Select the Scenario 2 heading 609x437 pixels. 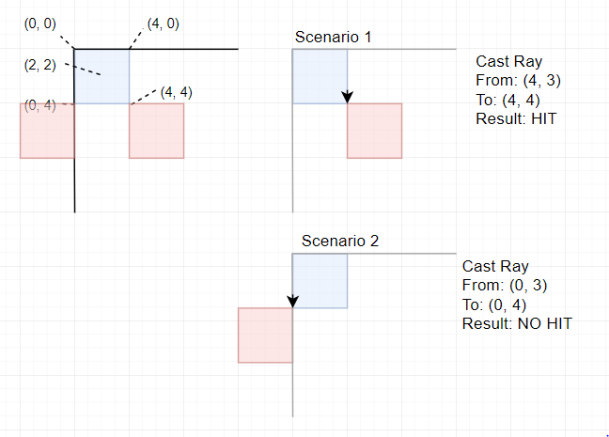(340, 242)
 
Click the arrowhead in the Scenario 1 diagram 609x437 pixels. (348, 97)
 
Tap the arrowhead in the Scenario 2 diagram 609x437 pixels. (293, 301)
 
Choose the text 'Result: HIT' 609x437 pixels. (516, 119)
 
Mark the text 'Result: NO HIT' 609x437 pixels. (516, 323)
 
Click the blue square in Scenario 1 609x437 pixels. (320, 76)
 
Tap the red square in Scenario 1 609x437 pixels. (375, 131)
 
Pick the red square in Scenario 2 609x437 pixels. (266, 335)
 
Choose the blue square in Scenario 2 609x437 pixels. (320, 280)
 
